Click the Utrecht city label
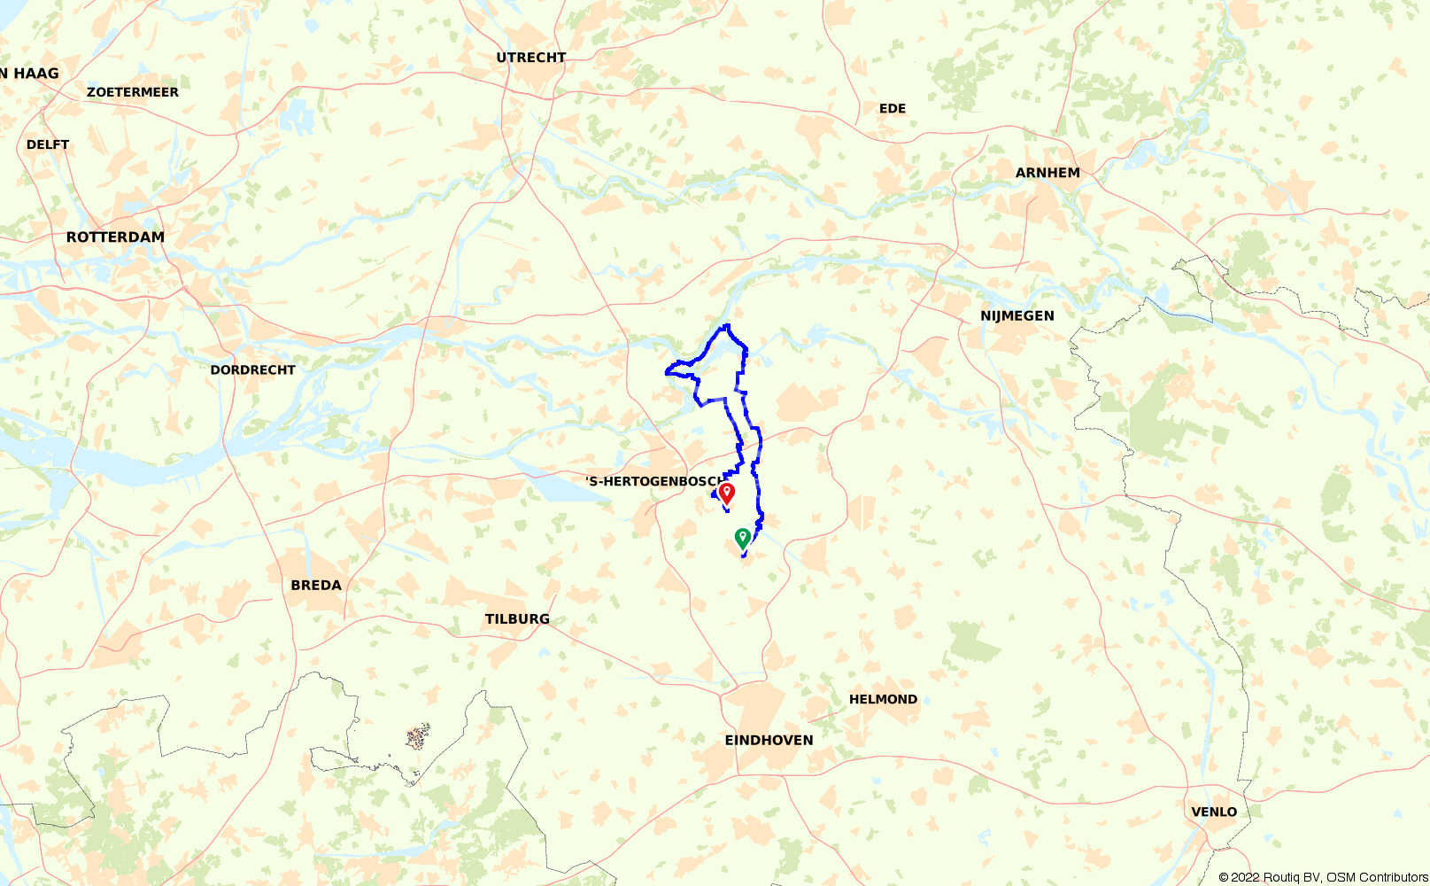tap(530, 58)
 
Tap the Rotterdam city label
tap(115, 237)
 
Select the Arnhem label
tap(1047, 173)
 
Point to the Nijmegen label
tap(1016, 316)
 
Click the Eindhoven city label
tap(769, 741)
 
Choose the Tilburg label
tap(517, 619)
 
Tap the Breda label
tap(316, 586)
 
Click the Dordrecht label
tap(252, 370)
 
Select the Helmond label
tap(883, 699)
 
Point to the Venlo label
tap(1214, 812)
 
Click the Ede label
tap(893, 109)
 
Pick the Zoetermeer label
tap(133, 92)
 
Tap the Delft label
tap(48, 144)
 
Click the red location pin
tap(727, 492)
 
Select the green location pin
tap(743, 537)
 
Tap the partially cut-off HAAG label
tap(30, 74)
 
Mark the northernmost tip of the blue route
tap(727, 325)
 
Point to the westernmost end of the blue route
tap(666, 373)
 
